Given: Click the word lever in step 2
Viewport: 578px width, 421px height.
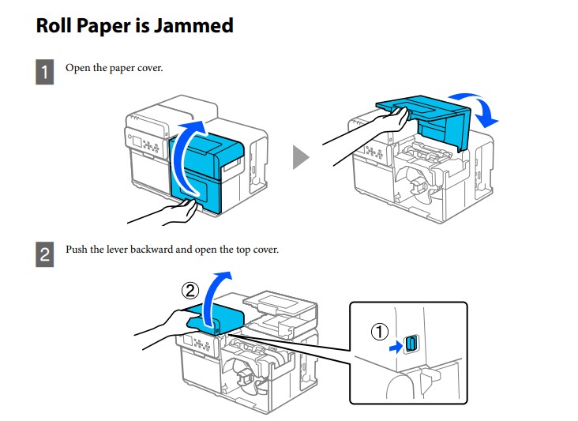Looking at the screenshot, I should (x=129, y=250).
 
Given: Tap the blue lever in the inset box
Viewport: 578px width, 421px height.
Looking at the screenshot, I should (x=411, y=344).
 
